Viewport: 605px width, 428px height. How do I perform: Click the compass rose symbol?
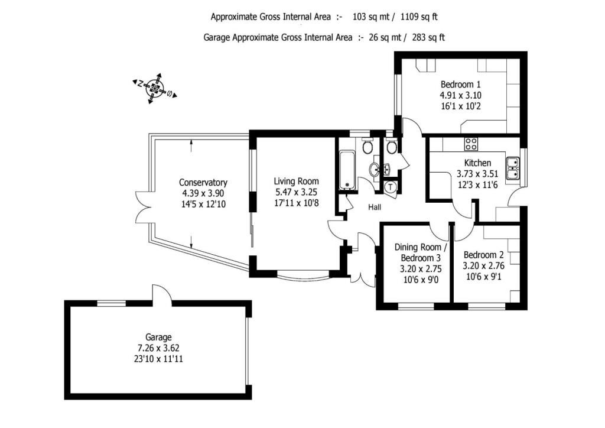coord(155,90)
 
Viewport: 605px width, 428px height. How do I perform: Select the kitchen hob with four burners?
coord(471,143)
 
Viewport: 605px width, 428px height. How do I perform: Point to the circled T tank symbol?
coord(391,187)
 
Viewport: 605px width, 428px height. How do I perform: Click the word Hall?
coord(375,207)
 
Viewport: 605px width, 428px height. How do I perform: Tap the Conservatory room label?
coord(203,183)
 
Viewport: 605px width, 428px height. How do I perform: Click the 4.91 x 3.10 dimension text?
coord(460,95)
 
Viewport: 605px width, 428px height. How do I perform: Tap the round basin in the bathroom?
coord(374,170)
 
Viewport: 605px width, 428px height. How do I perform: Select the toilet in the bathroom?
coord(367,146)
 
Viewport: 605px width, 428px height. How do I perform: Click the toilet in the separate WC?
coord(392,147)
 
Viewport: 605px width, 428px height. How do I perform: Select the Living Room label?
coord(296,181)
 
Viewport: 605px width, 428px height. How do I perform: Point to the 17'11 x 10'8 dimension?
coord(296,203)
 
